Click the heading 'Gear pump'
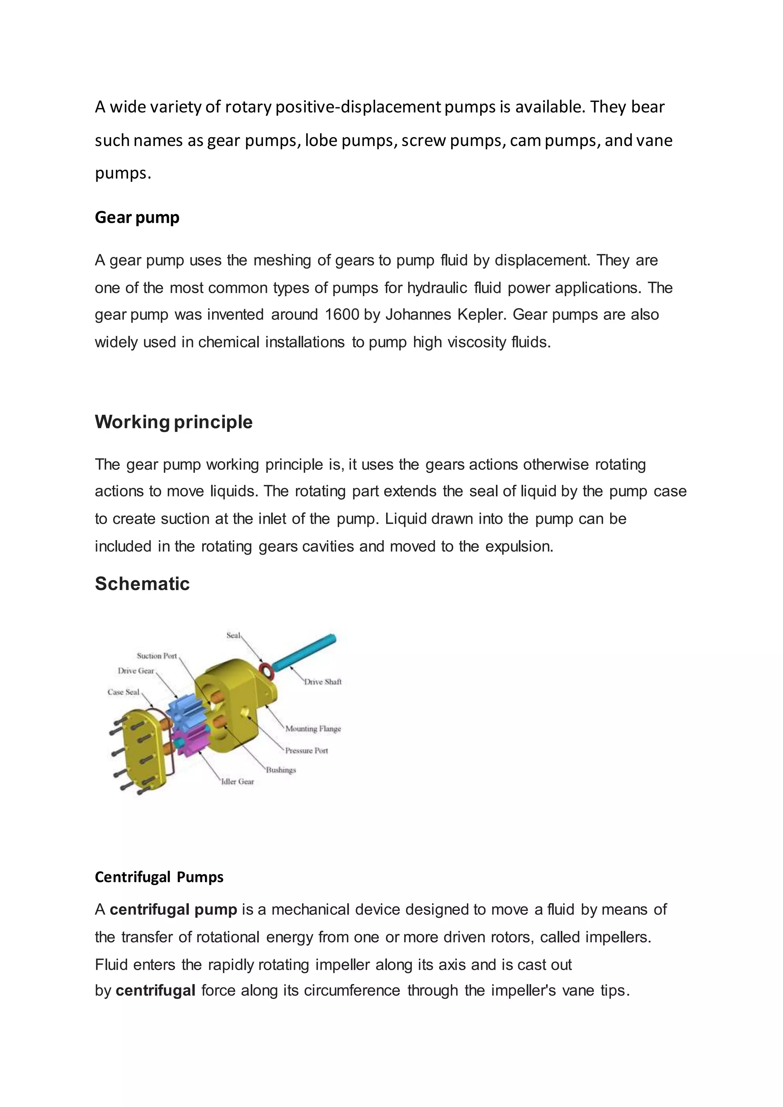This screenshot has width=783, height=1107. coord(137,218)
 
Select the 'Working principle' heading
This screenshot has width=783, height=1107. coord(174,422)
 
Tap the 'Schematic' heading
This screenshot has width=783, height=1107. coord(142,583)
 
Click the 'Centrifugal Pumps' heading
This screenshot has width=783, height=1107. coord(159,877)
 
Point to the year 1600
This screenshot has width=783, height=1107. coord(342,314)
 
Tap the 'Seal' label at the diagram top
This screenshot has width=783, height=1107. coord(233,635)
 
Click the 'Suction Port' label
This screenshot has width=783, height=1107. coord(157,656)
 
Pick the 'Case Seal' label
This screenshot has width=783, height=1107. coord(123,692)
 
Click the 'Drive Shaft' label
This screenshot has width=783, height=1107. coord(323,682)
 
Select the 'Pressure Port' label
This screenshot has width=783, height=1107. coord(306,750)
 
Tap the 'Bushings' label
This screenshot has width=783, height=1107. coord(281,770)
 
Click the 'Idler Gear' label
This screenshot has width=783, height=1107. coord(237,782)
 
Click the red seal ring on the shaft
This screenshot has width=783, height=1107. coord(266,670)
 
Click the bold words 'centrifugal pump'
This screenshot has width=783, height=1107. coord(173,910)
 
